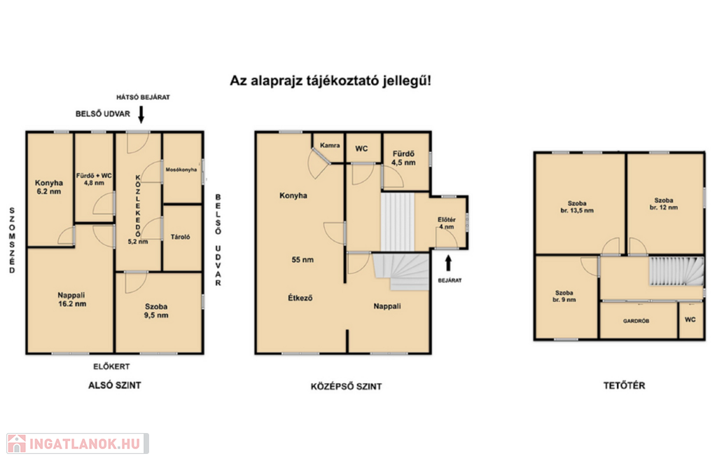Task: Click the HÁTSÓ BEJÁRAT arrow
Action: pos(141,114)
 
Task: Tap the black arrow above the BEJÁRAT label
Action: pos(448,263)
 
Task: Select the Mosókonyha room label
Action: pos(181,170)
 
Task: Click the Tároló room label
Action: pos(180,237)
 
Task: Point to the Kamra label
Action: pos(330,146)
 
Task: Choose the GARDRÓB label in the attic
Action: pos(636,321)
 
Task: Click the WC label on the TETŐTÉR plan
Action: pos(690,319)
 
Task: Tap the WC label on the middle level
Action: pos(361,149)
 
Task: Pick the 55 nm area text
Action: pos(302,260)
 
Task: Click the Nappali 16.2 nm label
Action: pos(72,300)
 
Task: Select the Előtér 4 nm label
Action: pos(446,223)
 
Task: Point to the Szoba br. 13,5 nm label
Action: pos(577,207)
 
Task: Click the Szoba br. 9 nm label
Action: pos(564,296)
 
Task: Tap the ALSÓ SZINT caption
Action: pos(114,385)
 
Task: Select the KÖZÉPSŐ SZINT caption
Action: pos(346,387)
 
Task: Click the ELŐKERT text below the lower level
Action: pos(111,367)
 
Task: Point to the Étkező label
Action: pos(300,298)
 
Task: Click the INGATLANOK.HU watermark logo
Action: pos(78,443)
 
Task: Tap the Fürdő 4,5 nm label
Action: pos(403,158)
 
